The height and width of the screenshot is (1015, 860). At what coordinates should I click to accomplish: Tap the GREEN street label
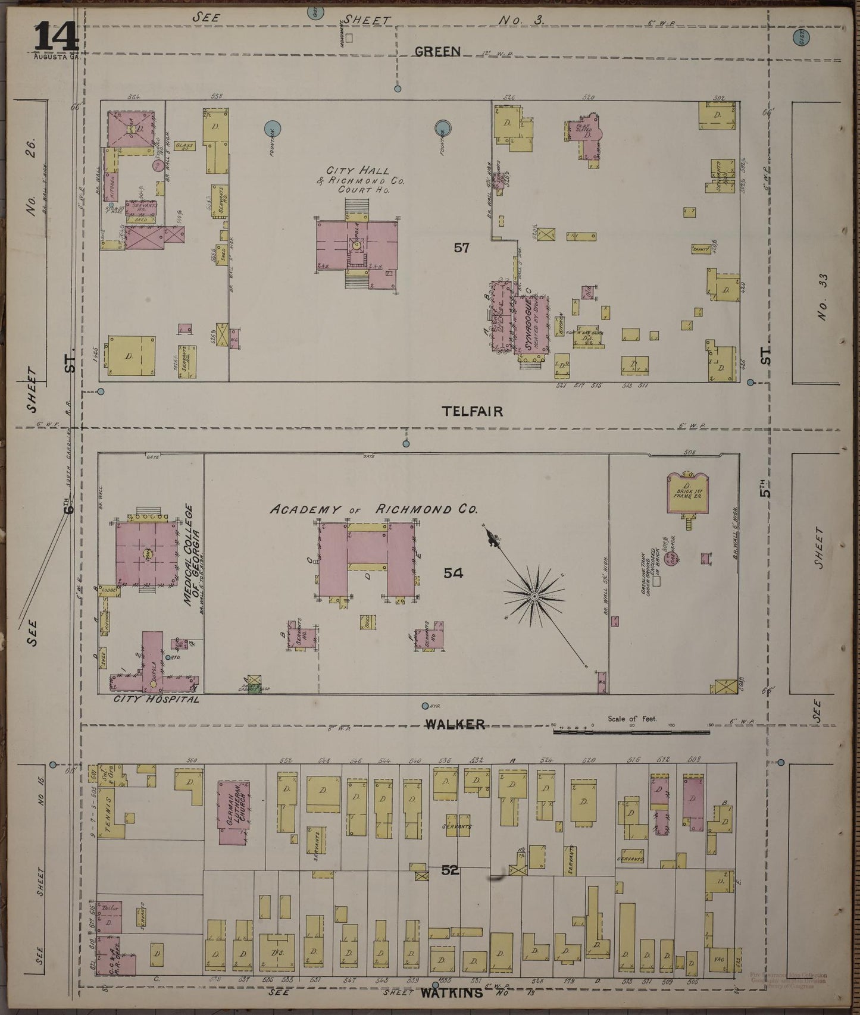pyautogui.click(x=437, y=52)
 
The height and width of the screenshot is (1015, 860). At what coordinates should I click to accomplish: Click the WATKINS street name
pyautogui.click(x=452, y=993)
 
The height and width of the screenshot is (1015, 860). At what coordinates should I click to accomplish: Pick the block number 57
pyautogui.click(x=462, y=248)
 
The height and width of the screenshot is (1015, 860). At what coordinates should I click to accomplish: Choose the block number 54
pyautogui.click(x=453, y=573)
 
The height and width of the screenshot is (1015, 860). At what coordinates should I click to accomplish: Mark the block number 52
pyautogui.click(x=451, y=870)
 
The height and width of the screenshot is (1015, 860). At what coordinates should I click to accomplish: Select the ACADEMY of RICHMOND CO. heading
pyautogui.click(x=374, y=510)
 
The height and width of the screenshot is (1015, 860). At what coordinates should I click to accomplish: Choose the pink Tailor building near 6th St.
pyautogui.click(x=110, y=916)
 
